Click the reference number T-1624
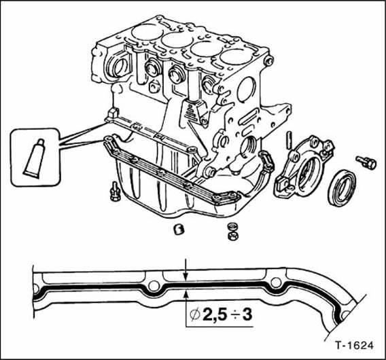(x=354, y=345)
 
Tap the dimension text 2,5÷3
(x=228, y=314)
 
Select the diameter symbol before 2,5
(x=195, y=315)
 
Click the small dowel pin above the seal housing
(x=289, y=141)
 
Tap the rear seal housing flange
(x=303, y=167)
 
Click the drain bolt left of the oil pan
(x=115, y=192)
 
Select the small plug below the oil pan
(x=179, y=229)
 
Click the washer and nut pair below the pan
(x=232, y=232)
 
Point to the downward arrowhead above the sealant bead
(x=186, y=277)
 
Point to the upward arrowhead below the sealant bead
(x=186, y=294)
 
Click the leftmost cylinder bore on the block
(x=147, y=32)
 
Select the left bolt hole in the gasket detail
(x=154, y=285)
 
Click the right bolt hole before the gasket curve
(x=276, y=282)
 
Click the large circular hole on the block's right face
(x=247, y=90)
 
